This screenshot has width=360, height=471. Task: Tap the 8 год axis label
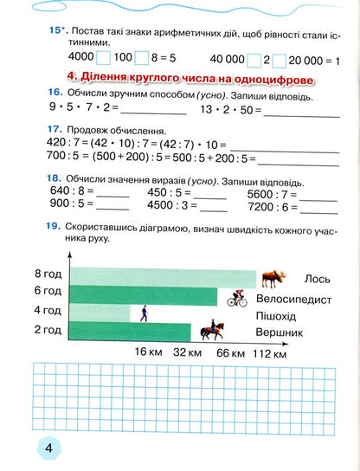pyautogui.click(x=48, y=274)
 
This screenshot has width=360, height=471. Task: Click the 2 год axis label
pyautogui.click(x=48, y=329)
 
